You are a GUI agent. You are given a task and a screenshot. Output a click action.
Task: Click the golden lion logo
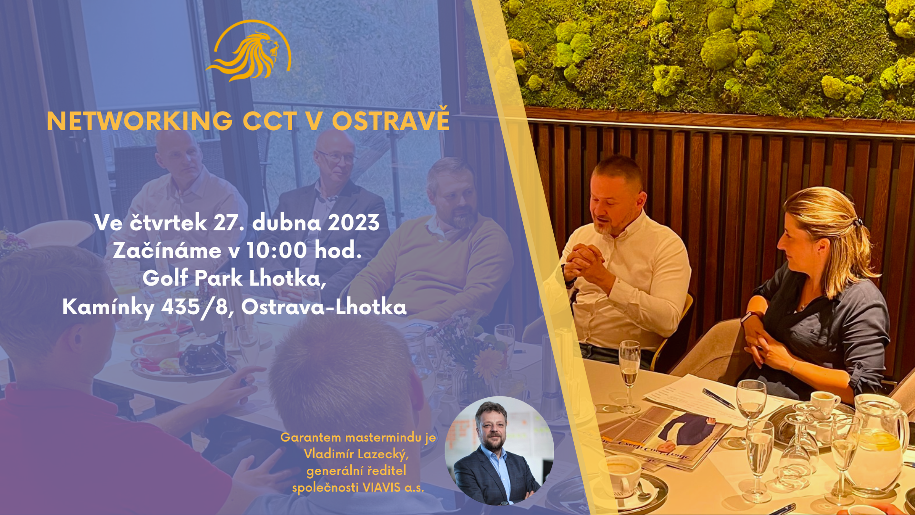tap(249, 51)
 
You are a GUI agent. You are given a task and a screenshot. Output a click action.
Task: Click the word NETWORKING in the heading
tap(140, 121)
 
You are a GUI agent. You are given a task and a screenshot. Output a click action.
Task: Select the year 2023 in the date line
tap(354, 223)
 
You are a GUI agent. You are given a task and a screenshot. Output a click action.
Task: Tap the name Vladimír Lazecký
tap(356, 453)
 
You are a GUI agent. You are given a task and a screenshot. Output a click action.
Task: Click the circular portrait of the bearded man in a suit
tap(499, 451)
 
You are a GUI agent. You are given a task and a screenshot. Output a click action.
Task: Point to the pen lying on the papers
tap(719, 399)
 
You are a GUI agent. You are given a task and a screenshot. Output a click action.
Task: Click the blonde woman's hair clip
tap(858, 222)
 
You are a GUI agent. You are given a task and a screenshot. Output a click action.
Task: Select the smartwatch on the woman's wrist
tap(750, 316)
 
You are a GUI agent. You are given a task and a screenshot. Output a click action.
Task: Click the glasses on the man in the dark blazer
tap(337, 156)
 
